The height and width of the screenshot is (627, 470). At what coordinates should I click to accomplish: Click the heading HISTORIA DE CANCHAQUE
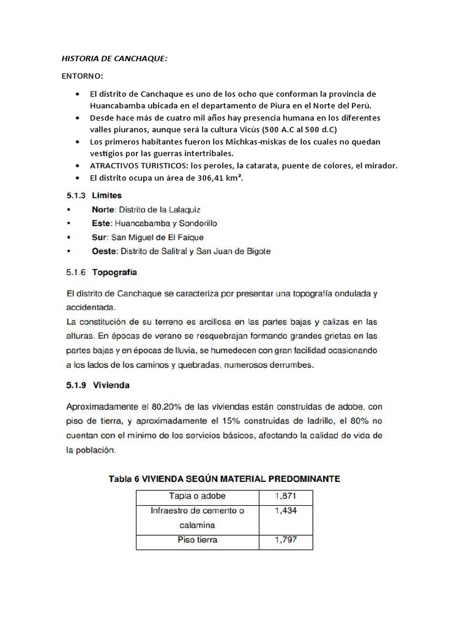pyautogui.click(x=114, y=59)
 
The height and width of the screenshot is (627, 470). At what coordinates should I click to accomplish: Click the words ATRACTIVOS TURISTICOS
pyautogui.click(x=135, y=166)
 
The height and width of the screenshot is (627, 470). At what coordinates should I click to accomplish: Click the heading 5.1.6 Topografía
pyautogui.click(x=102, y=271)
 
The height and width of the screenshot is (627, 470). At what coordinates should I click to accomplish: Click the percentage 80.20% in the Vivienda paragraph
pyautogui.click(x=173, y=407)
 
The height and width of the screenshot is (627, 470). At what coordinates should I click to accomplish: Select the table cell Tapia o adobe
pyautogui.click(x=197, y=497)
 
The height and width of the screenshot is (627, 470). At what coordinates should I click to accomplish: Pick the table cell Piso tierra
pyautogui.click(x=197, y=541)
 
